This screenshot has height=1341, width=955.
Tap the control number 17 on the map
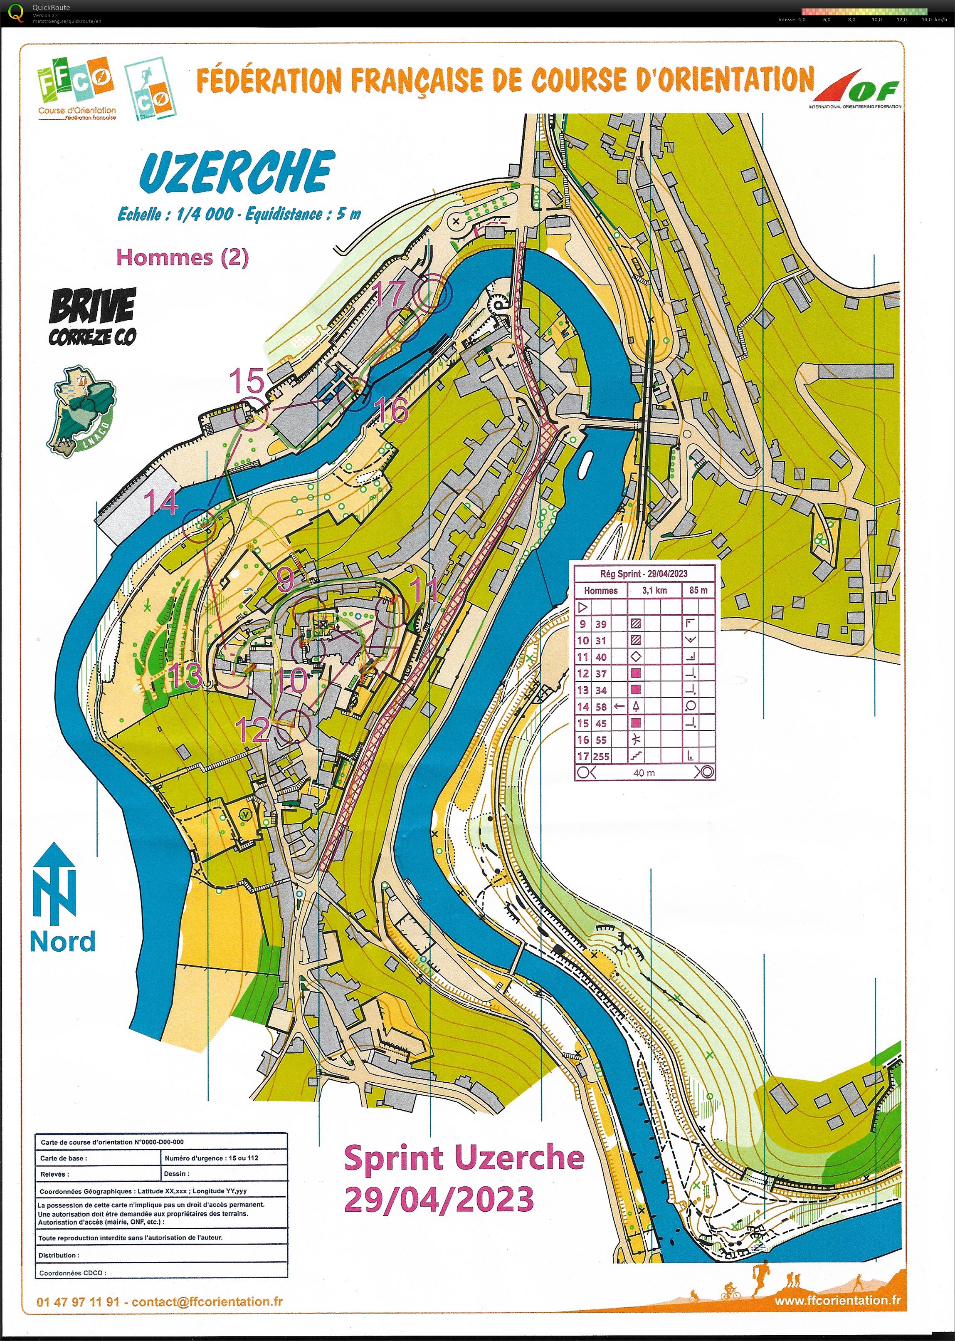pos(390,294)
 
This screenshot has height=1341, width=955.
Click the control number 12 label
pos(252,729)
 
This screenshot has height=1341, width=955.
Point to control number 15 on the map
pos(247,381)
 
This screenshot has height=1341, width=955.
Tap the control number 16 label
pos(390,410)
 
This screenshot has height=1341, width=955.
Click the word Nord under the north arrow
pos(62,941)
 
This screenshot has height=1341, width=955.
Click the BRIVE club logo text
pos(92,307)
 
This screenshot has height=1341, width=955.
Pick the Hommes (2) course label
pos(182,257)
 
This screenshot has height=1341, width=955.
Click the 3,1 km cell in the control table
pos(654,590)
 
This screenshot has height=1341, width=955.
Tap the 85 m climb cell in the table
pos(698,590)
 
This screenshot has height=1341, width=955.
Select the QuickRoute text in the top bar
pos(51,7)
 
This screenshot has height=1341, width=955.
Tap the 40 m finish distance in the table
pos(644,773)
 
